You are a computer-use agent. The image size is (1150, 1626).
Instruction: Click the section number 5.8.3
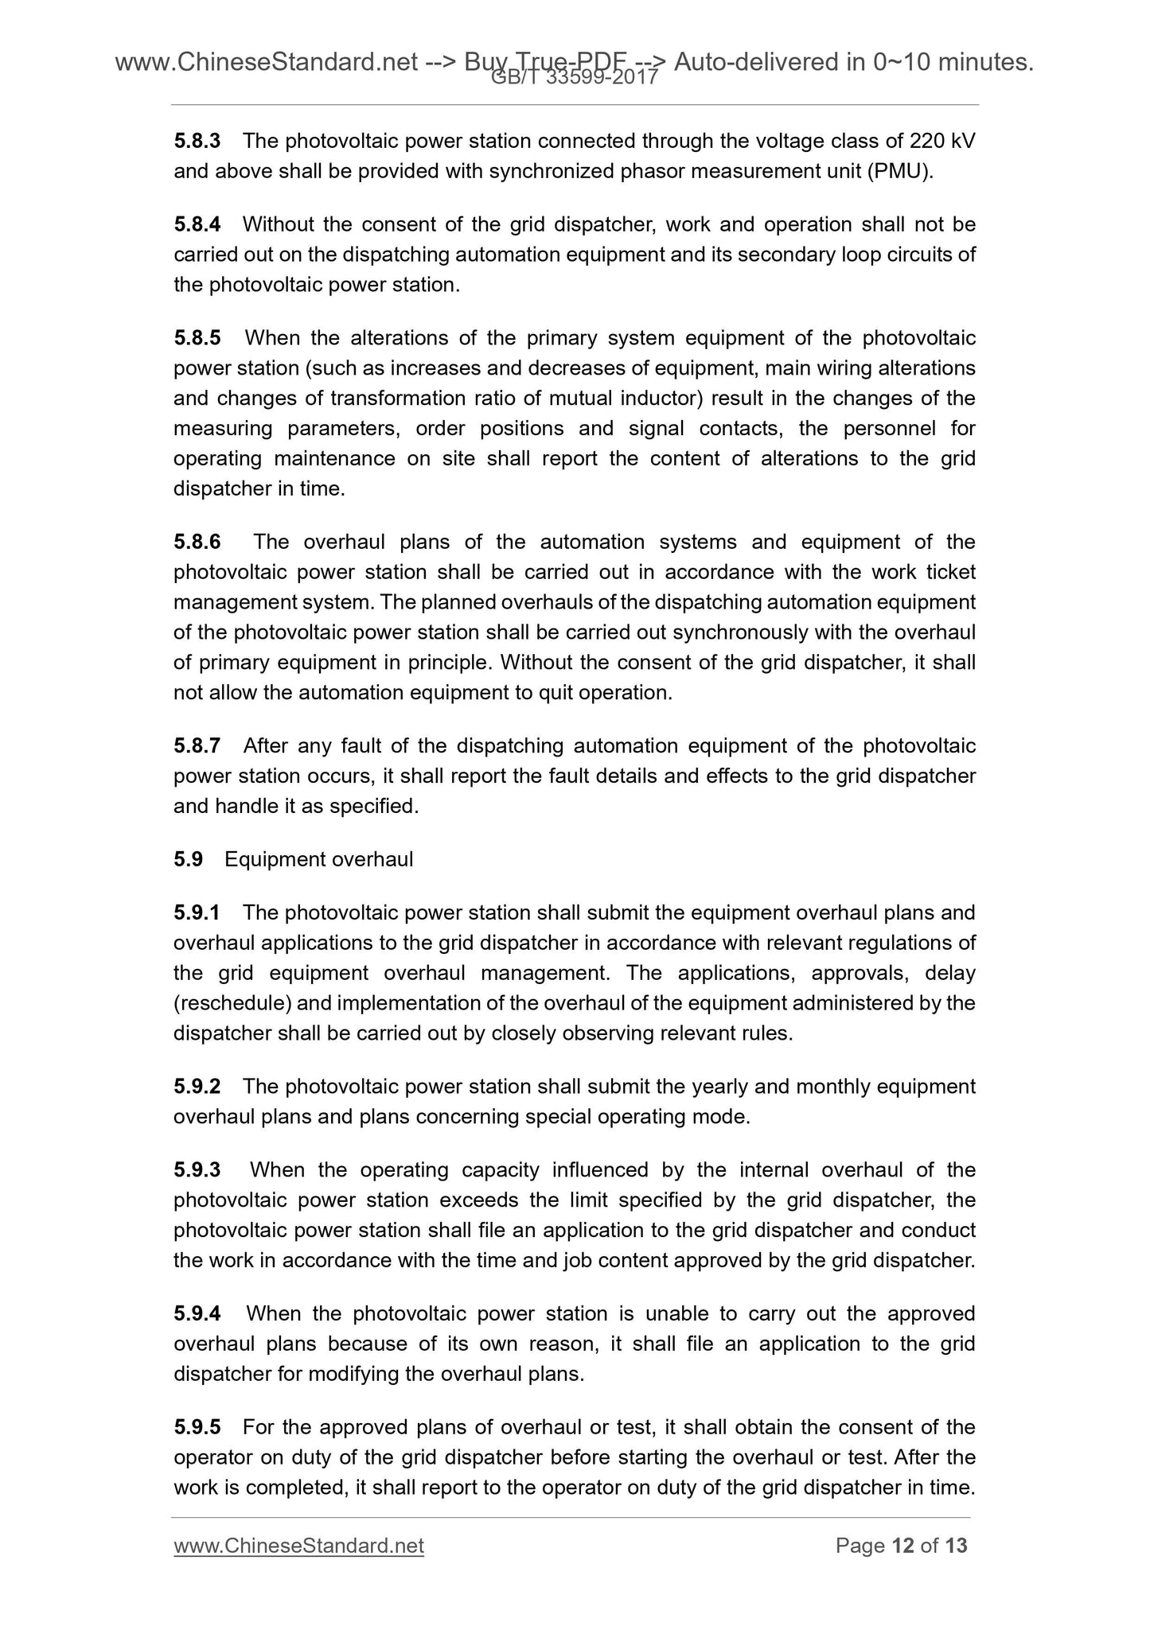pos(197,142)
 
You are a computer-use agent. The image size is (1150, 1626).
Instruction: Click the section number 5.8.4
pos(197,225)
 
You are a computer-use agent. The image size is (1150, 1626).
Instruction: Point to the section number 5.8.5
pos(197,339)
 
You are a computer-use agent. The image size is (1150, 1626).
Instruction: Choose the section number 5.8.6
pos(197,543)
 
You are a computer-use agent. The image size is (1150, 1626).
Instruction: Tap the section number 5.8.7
pos(197,747)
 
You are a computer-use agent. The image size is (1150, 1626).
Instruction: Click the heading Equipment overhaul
pos(318,860)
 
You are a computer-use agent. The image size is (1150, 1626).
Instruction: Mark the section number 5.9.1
pos(197,913)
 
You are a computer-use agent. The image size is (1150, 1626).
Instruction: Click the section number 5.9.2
pos(197,1087)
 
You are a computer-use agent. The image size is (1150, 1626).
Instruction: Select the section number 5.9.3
pos(197,1170)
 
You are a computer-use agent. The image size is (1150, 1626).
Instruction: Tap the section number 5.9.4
pos(197,1314)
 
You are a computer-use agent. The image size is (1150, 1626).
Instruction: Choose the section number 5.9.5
pos(197,1428)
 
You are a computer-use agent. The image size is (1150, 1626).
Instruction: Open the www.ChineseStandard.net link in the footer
pos(298,1546)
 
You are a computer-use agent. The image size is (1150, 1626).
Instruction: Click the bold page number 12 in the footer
pos(902,1546)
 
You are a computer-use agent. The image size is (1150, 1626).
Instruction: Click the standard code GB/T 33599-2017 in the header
pos(575,78)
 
